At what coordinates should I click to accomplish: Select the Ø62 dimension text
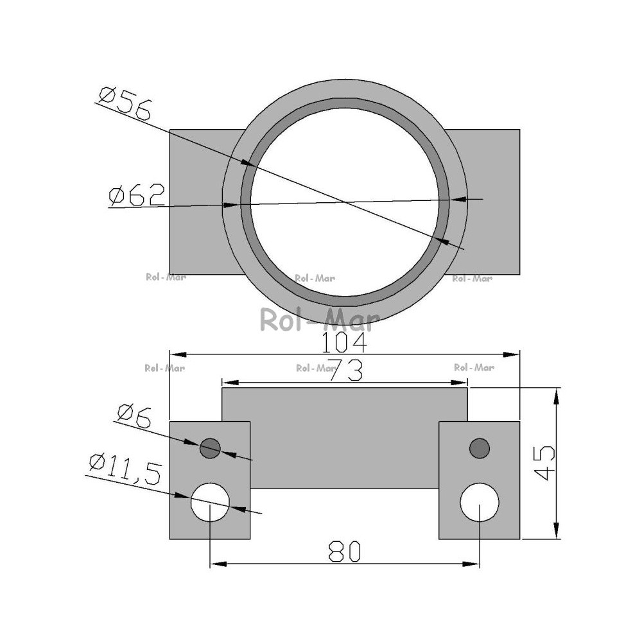[137, 195]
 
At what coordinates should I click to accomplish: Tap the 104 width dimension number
[344, 343]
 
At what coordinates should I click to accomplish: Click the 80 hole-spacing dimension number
[345, 551]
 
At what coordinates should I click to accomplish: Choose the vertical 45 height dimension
[544, 463]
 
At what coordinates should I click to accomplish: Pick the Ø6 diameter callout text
[134, 416]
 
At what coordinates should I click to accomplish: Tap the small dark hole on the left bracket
[210, 448]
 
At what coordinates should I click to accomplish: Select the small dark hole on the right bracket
[480, 448]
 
